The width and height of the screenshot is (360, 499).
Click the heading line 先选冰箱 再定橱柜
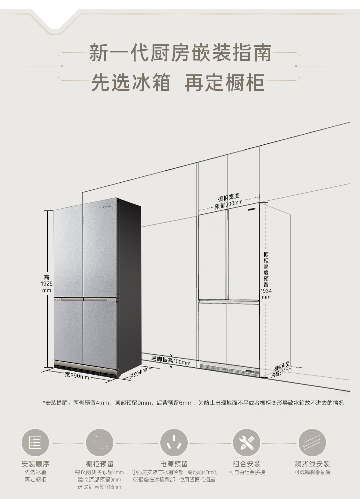[x=178, y=83]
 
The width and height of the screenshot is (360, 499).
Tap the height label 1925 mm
[x=47, y=284]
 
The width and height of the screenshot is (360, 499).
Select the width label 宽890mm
[x=77, y=376]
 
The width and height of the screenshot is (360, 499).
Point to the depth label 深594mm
[x=139, y=373]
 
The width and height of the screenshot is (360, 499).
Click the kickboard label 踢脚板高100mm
[x=171, y=360]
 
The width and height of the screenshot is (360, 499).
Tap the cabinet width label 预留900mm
[x=229, y=204]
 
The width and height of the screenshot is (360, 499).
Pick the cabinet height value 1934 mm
[x=266, y=294]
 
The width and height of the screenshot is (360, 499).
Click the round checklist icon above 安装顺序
[x=35, y=443]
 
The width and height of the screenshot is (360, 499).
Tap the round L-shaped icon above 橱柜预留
[x=100, y=443]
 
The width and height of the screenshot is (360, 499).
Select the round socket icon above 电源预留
[x=174, y=443]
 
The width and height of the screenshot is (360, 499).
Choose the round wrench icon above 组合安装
[x=247, y=443]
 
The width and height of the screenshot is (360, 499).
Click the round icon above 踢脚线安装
[x=312, y=443]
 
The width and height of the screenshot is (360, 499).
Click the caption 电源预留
[x=174, y=464]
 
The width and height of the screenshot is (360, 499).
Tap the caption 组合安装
[x=247, y=464]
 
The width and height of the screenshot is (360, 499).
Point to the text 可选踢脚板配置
[x=312, y=472]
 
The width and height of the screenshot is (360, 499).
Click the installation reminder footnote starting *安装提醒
[x=193, y=403]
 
